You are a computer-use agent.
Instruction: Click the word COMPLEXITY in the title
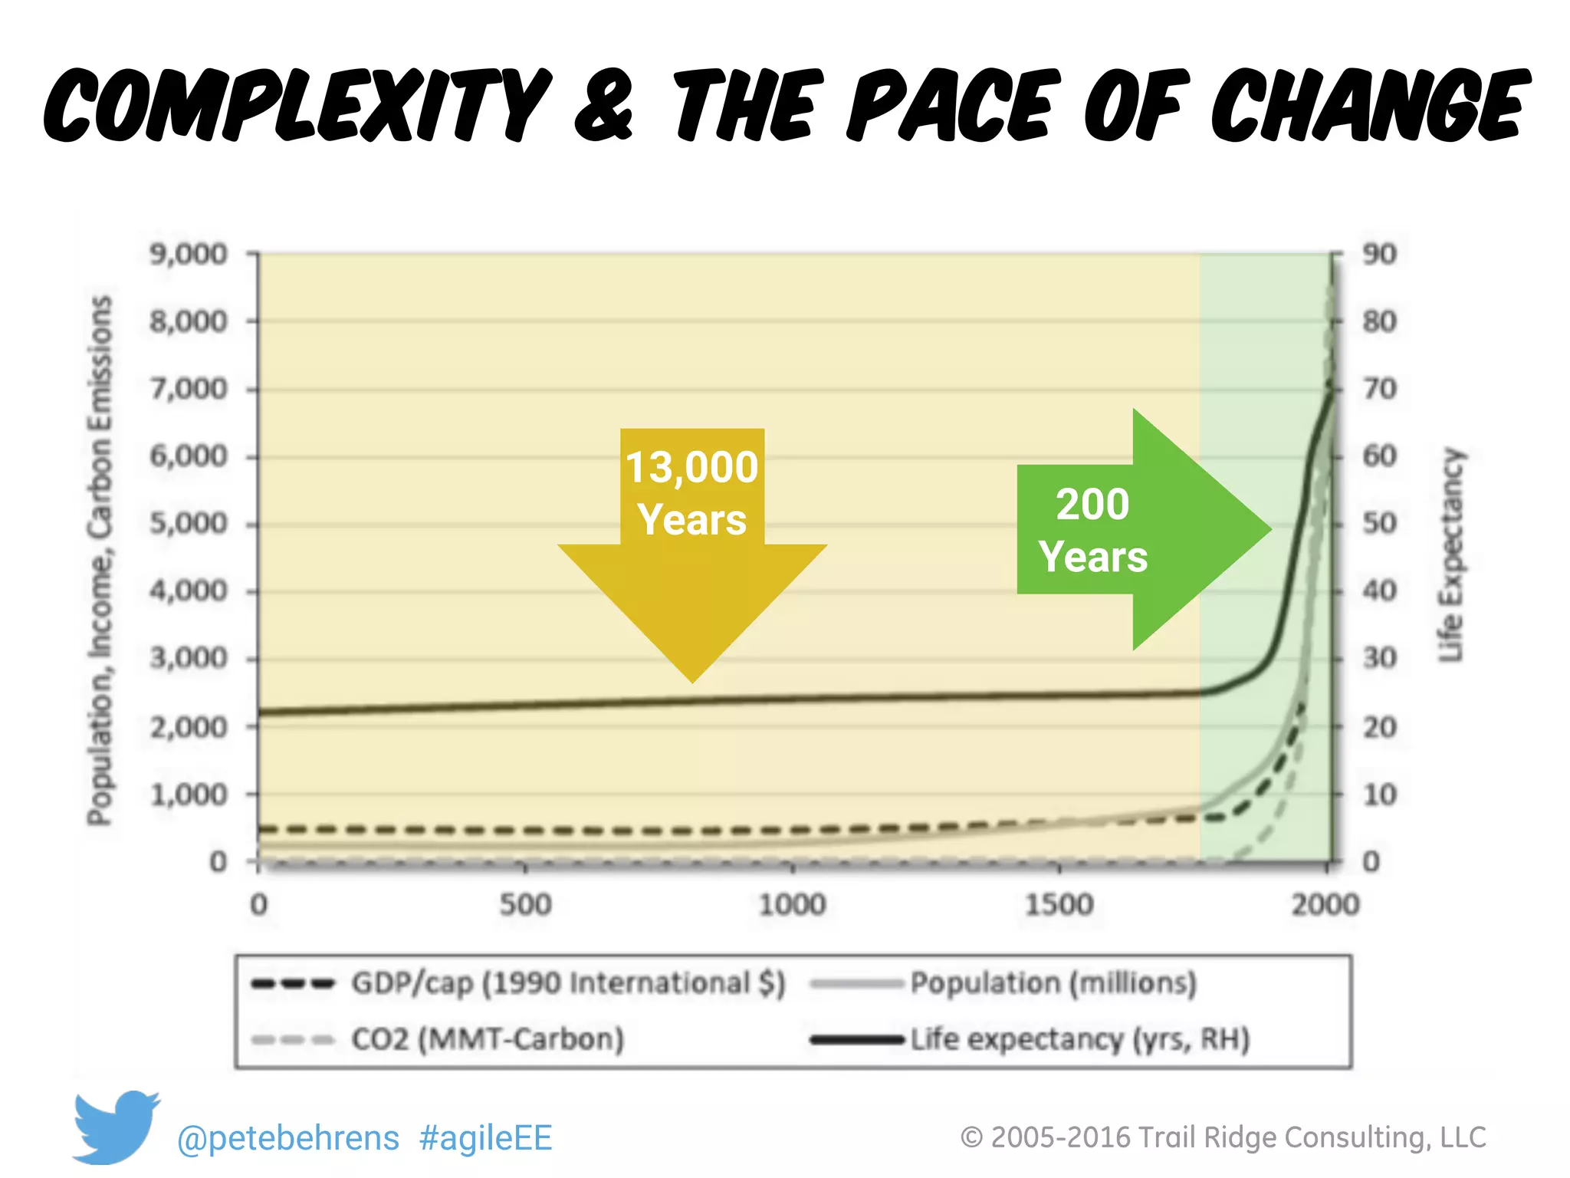coord(295,106)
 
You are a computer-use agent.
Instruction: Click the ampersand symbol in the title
coord(605,106)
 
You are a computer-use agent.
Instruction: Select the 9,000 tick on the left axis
coord(189,254)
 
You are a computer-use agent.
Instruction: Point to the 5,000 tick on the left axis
coord(189,524)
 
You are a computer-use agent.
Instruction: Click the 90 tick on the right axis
coord(1379,254)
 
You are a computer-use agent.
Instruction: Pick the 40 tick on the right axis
coord(1379,591)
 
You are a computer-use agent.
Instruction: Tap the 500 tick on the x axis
coord(525,905)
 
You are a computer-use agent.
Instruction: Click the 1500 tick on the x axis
coord(1059,905)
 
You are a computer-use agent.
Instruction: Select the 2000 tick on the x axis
coord(1325,905)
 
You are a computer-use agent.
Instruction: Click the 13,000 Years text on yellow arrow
coord(691,493)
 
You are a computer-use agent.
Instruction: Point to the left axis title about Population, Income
coord(100,560)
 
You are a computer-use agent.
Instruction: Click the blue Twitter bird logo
coord(115,1125)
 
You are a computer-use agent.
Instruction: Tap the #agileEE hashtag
coord(485,1138)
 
